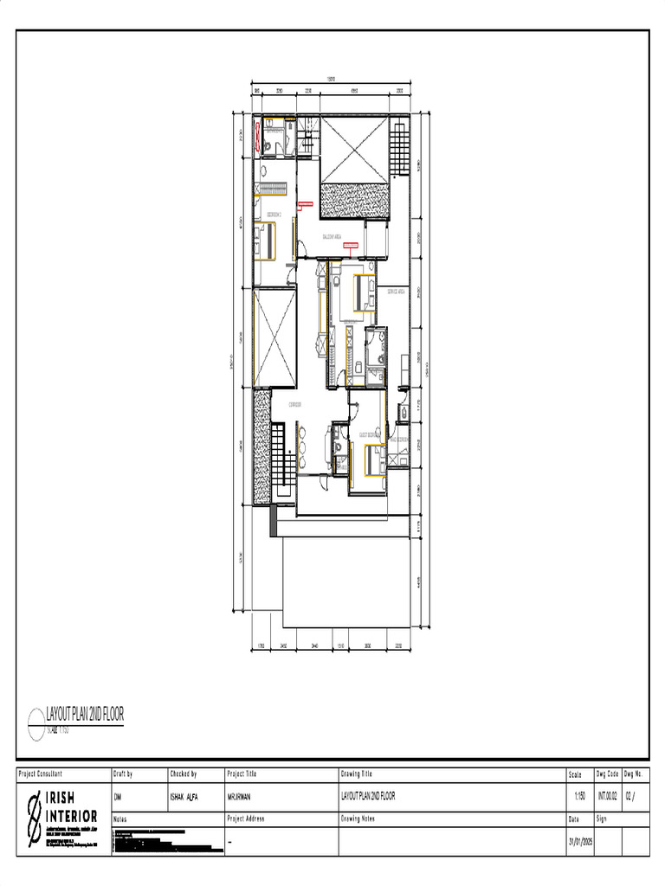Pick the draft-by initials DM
tap(118, 796)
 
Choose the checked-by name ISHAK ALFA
tap(185, 796)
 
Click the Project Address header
tap(245, 818)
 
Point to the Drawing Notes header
tap(357, 818)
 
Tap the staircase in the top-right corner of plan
tap(397, 146)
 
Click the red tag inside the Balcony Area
tap(351, 246)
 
